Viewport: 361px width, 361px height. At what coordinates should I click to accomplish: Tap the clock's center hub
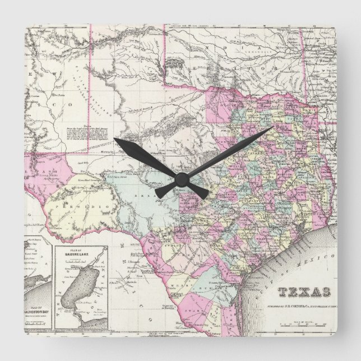tap(180, 178)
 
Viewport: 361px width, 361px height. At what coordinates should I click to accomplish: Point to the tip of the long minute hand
tap(272, 127)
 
